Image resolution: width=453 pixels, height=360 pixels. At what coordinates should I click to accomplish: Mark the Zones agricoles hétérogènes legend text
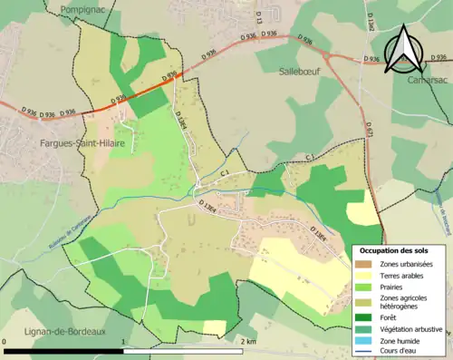pyautogui.click(x=404, y=301)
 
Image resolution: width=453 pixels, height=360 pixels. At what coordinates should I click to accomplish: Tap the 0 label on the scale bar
pyautogui.click(x=6, y=341)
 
